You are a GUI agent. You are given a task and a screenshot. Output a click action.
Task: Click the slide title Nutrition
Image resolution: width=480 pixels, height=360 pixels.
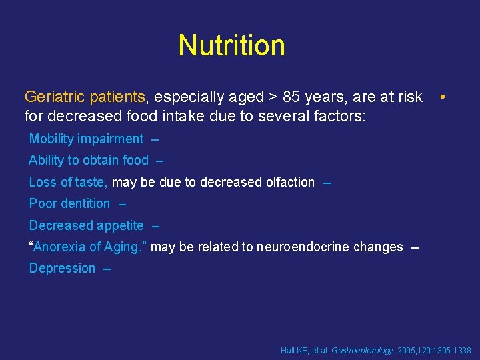[231, 45]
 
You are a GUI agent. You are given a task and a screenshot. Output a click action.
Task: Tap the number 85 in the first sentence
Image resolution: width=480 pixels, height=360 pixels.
[291, 97]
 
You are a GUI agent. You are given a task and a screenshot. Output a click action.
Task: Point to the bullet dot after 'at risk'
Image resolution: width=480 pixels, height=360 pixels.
[442, 97]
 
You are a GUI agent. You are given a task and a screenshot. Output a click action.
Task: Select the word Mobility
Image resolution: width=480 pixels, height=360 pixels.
[52, 139]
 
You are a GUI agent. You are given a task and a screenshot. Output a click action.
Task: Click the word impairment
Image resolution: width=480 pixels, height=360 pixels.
[111, 139]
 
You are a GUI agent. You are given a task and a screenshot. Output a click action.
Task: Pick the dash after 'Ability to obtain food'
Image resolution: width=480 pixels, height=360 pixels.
[159, 161]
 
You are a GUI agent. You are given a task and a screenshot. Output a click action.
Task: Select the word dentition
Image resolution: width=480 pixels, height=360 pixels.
[85, 203]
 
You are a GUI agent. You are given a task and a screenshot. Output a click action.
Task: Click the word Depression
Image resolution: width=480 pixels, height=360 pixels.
[62, 268]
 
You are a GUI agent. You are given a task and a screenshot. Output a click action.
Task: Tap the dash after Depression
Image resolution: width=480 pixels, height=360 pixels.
[107, 269]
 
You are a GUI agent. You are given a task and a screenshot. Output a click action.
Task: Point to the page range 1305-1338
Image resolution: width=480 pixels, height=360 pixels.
[451, 350]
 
